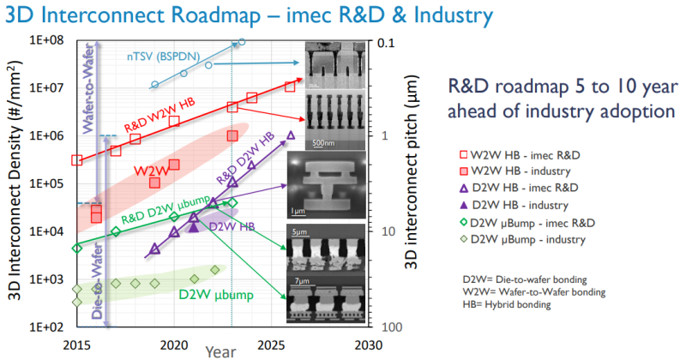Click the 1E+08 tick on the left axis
pos(51,39)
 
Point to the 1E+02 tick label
pos(51,327)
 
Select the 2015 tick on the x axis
pos(77,343)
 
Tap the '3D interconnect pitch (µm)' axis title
pos(413,183)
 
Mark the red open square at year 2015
pos(77,160)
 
